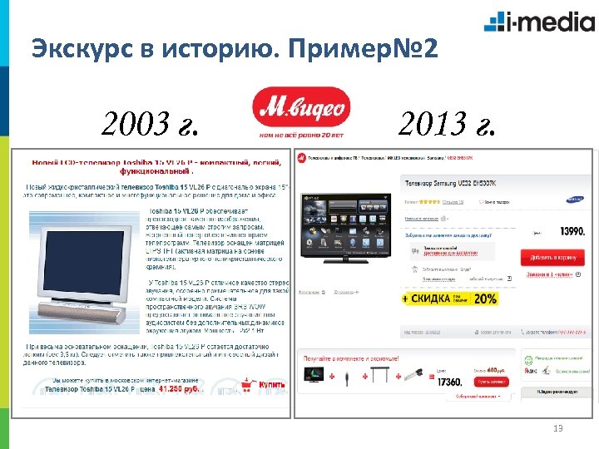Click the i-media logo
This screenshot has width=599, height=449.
528,21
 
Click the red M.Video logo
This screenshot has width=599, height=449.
302,111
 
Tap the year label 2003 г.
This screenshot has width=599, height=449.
151,126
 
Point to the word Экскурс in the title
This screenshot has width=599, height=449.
76,49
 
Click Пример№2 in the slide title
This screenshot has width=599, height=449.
367,49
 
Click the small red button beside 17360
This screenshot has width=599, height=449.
492,381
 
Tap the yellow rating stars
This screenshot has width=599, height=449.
425,200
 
